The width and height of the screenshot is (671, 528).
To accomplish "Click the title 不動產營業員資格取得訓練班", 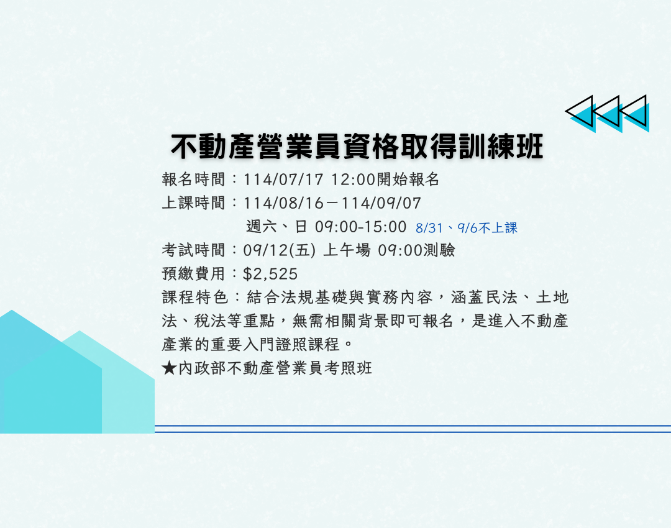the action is (357, 147).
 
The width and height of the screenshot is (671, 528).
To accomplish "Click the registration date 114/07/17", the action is (283, 180).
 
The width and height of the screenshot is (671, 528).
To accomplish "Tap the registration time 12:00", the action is (353, 180).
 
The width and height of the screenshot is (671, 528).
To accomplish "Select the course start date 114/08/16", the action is (283, 203).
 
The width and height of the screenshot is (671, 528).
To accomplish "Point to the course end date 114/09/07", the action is (381, 203).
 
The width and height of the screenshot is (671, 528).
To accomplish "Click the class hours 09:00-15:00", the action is (360, 226).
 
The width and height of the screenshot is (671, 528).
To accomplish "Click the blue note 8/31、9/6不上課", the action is (467, 227).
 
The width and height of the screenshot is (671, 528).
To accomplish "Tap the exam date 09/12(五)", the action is (280, 250).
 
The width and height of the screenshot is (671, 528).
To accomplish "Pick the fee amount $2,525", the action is (270, 274).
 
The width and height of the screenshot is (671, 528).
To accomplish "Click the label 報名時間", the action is (193, 180).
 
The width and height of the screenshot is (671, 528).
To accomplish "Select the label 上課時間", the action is (193, 203).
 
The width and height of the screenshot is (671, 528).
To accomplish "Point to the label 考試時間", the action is (193, 250).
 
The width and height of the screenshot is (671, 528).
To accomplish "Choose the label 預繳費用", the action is (193, 274).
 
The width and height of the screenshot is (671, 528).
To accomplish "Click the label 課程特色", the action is (195, 298).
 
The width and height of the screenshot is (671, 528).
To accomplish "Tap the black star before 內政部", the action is (170, 368).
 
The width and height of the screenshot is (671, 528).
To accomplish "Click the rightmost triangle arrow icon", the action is (634, 112).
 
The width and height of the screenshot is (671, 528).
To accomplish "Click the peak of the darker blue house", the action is (12, 310).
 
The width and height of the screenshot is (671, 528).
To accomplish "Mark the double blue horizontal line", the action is (413, 429).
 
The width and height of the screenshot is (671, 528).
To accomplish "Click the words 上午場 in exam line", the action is (347, 250).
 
